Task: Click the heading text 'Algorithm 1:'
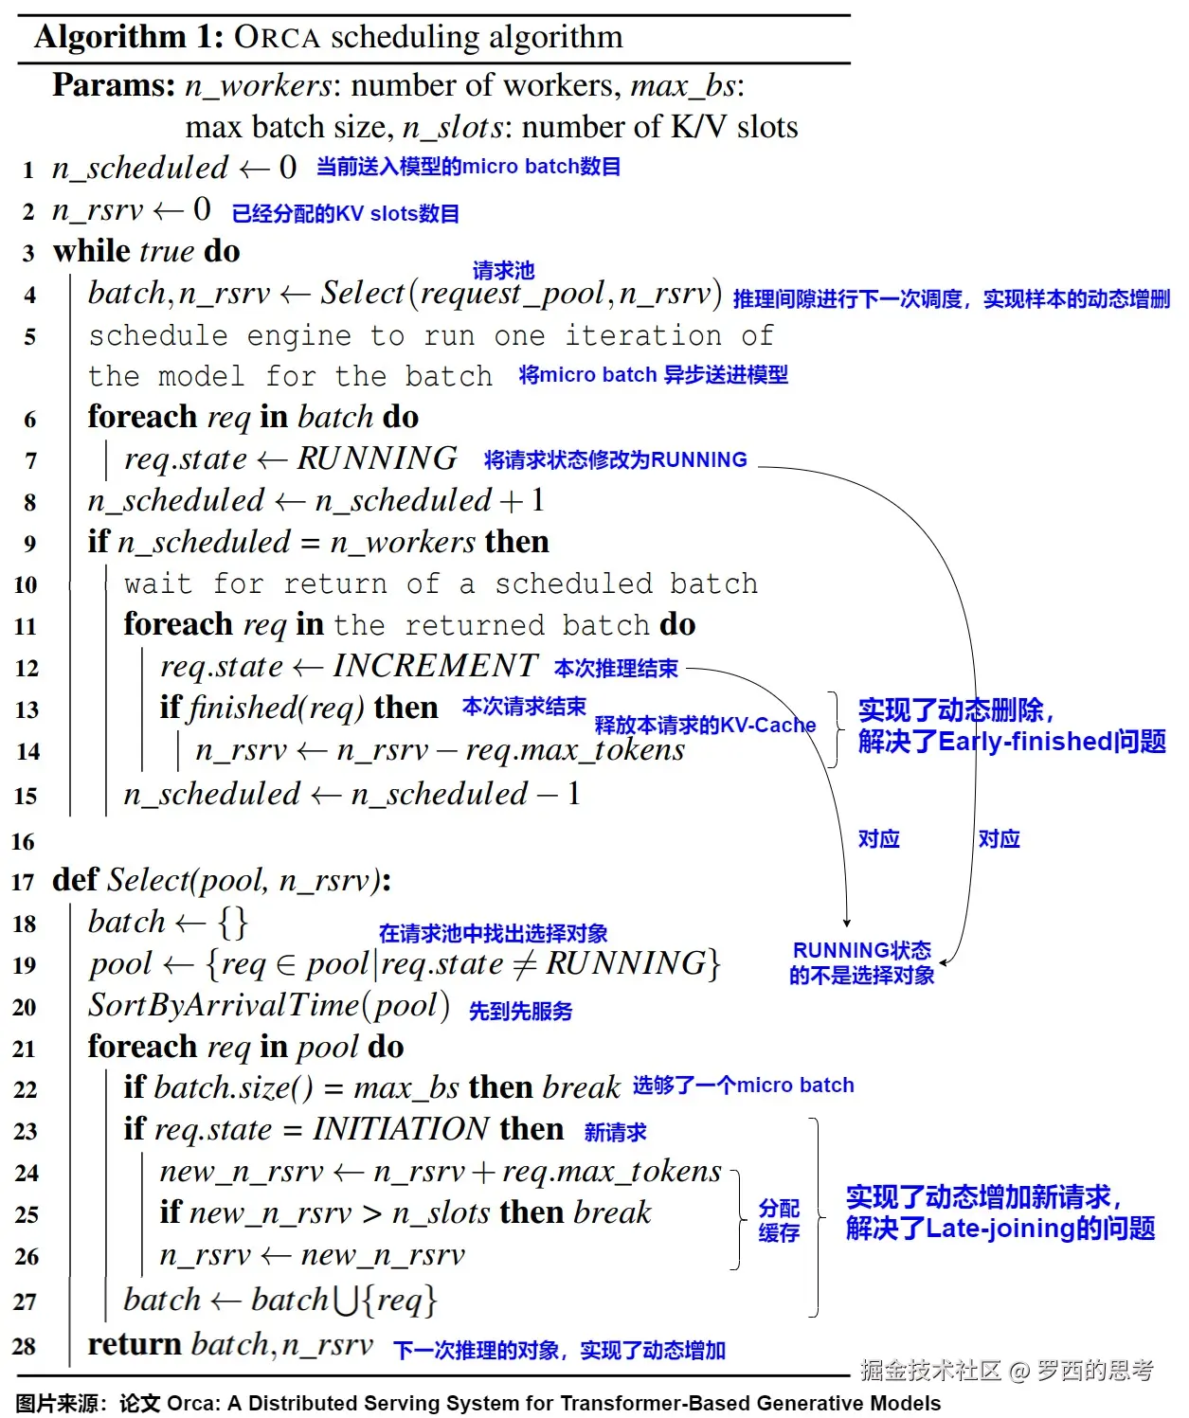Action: pos(129,37)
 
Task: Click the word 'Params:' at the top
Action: pos(114,85)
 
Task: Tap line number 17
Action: pos(23,883)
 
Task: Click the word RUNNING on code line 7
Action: pos(377,458)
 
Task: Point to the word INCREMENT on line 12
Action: pos(435,666)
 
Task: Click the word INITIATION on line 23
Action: pos(401,1129)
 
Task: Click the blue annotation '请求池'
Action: pos(503,271)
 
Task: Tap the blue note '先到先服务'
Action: pos(521,1012)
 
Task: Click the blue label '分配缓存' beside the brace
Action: pos(779,1220)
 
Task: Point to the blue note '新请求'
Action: pos(616,1132)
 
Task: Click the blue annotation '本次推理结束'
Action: pos(616,669)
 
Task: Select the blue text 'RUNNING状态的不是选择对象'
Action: pos(862,962)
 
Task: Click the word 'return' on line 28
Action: pos(135,1345)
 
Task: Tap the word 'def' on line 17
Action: pos(75,880)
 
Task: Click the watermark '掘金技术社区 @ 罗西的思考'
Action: pos(1006,1370)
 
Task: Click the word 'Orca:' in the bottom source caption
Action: pos(193,1403)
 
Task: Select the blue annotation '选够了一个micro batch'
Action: pos(743,1086)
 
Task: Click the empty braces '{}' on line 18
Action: pos(232,922)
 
